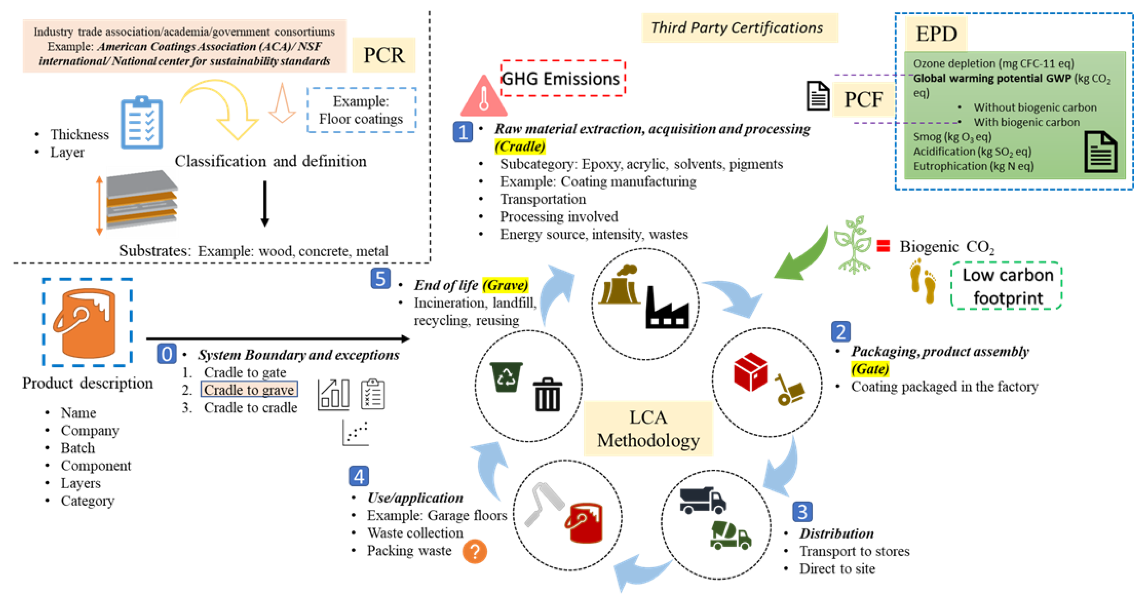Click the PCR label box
coord(384,55)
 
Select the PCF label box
coord(863,99)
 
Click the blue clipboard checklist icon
coord(142,123)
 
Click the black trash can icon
coord(547,395)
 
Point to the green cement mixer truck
coord(730,535)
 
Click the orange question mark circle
coord(474,552)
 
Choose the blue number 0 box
coord(167,354)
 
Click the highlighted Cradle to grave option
coord(249,390)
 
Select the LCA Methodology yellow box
coord(648,429)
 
